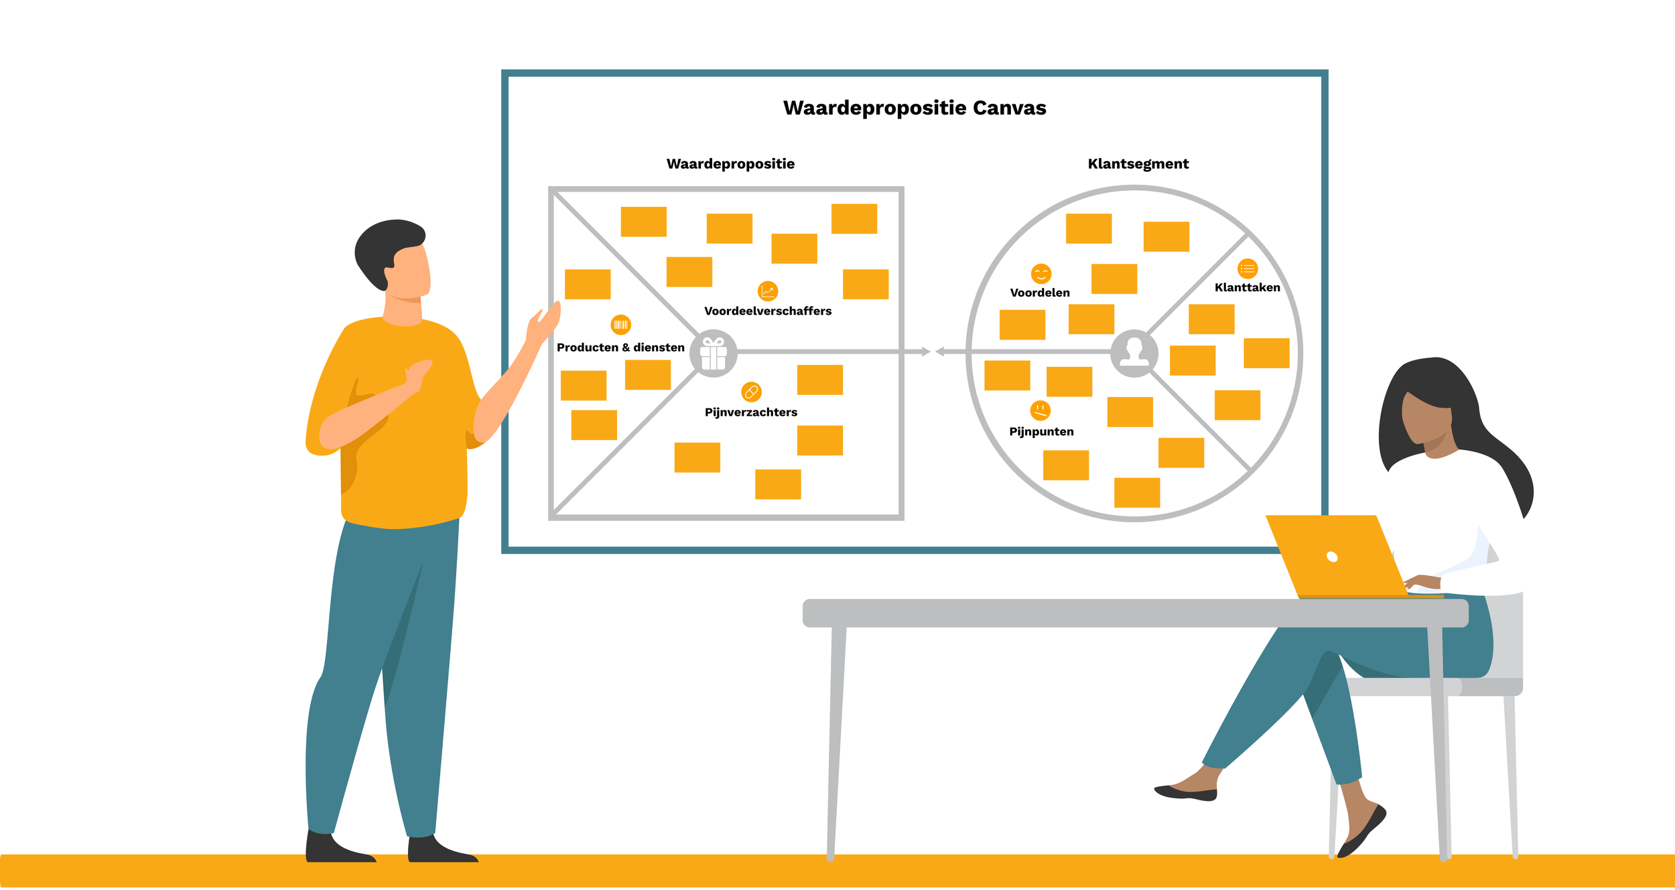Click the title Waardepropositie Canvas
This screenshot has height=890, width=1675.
[915, 108]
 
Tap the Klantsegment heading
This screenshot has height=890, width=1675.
[1138, 164]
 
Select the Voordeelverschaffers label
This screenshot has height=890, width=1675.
[768, 311]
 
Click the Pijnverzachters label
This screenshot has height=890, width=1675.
[751, 412]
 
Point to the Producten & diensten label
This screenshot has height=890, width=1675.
[620, 347]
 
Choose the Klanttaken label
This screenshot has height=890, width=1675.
[1247, 287]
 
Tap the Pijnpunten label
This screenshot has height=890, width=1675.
[1041, 431]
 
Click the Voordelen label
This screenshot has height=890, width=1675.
[1040, 293]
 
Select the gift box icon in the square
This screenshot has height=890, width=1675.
[714, 353]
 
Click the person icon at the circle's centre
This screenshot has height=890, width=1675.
[1134, 352]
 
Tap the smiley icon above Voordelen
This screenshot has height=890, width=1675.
[1041, 273]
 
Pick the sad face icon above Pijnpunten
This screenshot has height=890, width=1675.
[1040, 410]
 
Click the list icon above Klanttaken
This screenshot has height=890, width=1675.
[1247, 269]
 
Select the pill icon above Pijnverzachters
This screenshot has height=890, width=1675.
[751, 392]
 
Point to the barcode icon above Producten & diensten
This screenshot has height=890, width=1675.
[620, 325]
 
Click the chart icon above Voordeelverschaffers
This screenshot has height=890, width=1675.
[767, 291]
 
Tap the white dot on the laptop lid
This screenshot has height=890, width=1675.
[1332, 557]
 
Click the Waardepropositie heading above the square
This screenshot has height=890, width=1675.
[730, 164]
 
